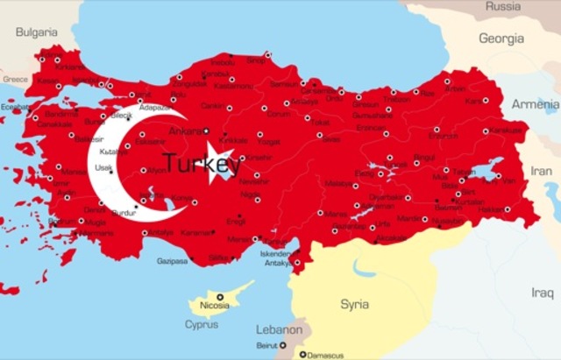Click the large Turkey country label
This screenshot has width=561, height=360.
point(202,163)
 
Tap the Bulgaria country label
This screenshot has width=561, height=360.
point(35,32)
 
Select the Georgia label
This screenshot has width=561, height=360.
point(501,39)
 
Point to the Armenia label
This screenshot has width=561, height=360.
point(536,103)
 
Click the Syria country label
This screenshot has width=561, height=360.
point(355,304)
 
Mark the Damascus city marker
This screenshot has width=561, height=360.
point(303,355)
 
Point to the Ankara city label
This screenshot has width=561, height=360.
point(184,131)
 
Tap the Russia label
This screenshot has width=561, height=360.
point(503,6)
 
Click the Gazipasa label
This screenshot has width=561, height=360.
point(172,260)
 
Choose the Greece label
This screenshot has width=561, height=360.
point(14,79)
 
